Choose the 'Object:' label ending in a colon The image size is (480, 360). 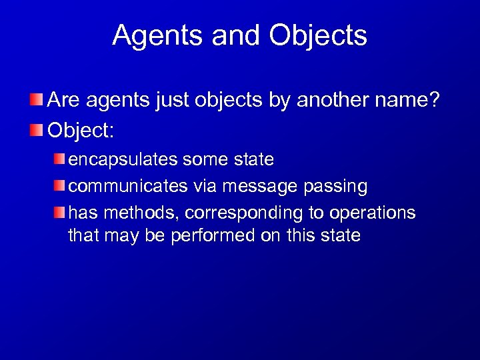pyautogui.click(x=81, y=129)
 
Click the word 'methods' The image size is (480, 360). pyautogui.click(x=138, y=213)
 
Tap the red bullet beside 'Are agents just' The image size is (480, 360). pyautogui.click(x=38, y=101)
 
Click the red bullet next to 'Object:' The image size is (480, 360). pyautogui.click(x=38, y=129)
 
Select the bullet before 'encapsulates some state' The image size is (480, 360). pyautogui.click(x=61, y=159)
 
